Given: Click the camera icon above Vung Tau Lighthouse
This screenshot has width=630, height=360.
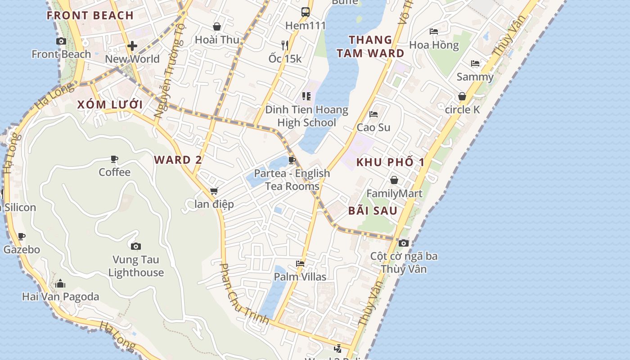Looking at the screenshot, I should point(136,246).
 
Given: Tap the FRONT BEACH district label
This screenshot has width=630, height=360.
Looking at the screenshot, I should point(90,15).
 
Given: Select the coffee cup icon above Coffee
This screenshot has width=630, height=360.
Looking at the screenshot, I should point(114,159).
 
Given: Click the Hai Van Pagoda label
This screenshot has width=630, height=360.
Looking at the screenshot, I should point(60,297).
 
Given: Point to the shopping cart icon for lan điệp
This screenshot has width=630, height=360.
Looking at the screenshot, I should point(214,191).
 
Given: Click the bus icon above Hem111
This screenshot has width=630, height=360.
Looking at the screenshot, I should point(306,12).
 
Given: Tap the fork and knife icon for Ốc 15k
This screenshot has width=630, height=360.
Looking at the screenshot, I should point(285,45).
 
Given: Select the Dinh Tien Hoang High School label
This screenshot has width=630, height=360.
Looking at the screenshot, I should point(306,116).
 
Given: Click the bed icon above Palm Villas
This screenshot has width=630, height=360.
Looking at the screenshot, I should point(300,263).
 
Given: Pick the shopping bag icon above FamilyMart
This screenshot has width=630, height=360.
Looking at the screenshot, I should point(394,180).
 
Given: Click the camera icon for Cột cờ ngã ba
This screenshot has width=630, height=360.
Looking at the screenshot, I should point(404,243).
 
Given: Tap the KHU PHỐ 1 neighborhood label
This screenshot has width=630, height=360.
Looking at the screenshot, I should point(391,162).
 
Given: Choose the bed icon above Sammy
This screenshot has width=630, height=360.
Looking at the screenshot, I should point(475,63).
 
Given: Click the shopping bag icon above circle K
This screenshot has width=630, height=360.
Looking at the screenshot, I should point(462,96).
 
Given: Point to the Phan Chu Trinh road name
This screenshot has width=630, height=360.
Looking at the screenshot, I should point(243,294).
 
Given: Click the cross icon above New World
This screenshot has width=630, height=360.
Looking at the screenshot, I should point(132,46).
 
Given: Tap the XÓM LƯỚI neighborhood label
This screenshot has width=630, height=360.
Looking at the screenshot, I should point(110,105).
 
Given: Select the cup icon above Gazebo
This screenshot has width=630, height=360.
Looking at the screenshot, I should point(22,236).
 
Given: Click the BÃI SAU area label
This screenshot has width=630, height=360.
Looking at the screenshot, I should point(373,211).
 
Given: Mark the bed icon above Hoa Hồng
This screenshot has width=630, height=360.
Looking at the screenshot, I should point(434,31).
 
